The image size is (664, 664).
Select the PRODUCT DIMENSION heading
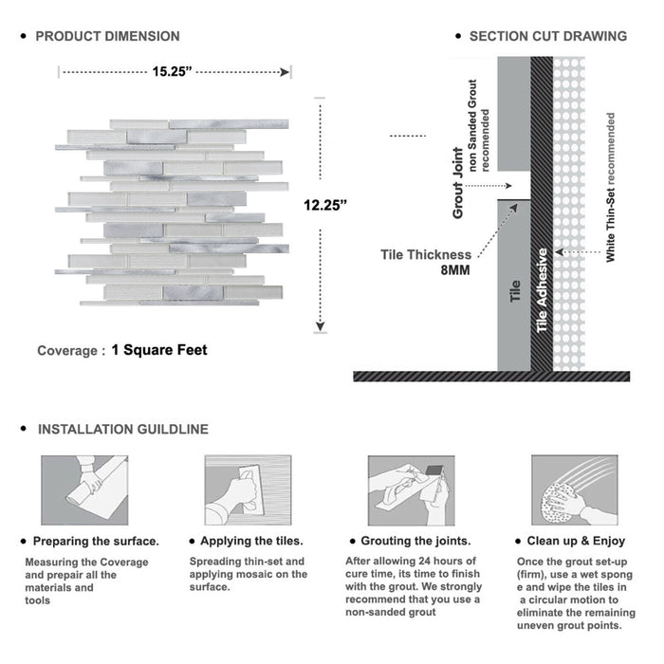click(x=107, y=36)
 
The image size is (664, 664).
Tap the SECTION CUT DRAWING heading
click(x=547, y=36)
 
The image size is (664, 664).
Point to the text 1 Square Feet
click(x=159, y=350)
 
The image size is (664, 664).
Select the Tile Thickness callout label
click(x=426, y=254)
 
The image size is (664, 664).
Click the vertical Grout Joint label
click(x=458, y=183)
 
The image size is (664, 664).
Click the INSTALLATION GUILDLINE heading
click(x=122, y=429)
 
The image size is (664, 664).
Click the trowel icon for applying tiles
click(x=247, y=489)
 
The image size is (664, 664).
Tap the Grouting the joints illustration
click(x=410, y=489)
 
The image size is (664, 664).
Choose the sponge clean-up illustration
click(x=573, y=489)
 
